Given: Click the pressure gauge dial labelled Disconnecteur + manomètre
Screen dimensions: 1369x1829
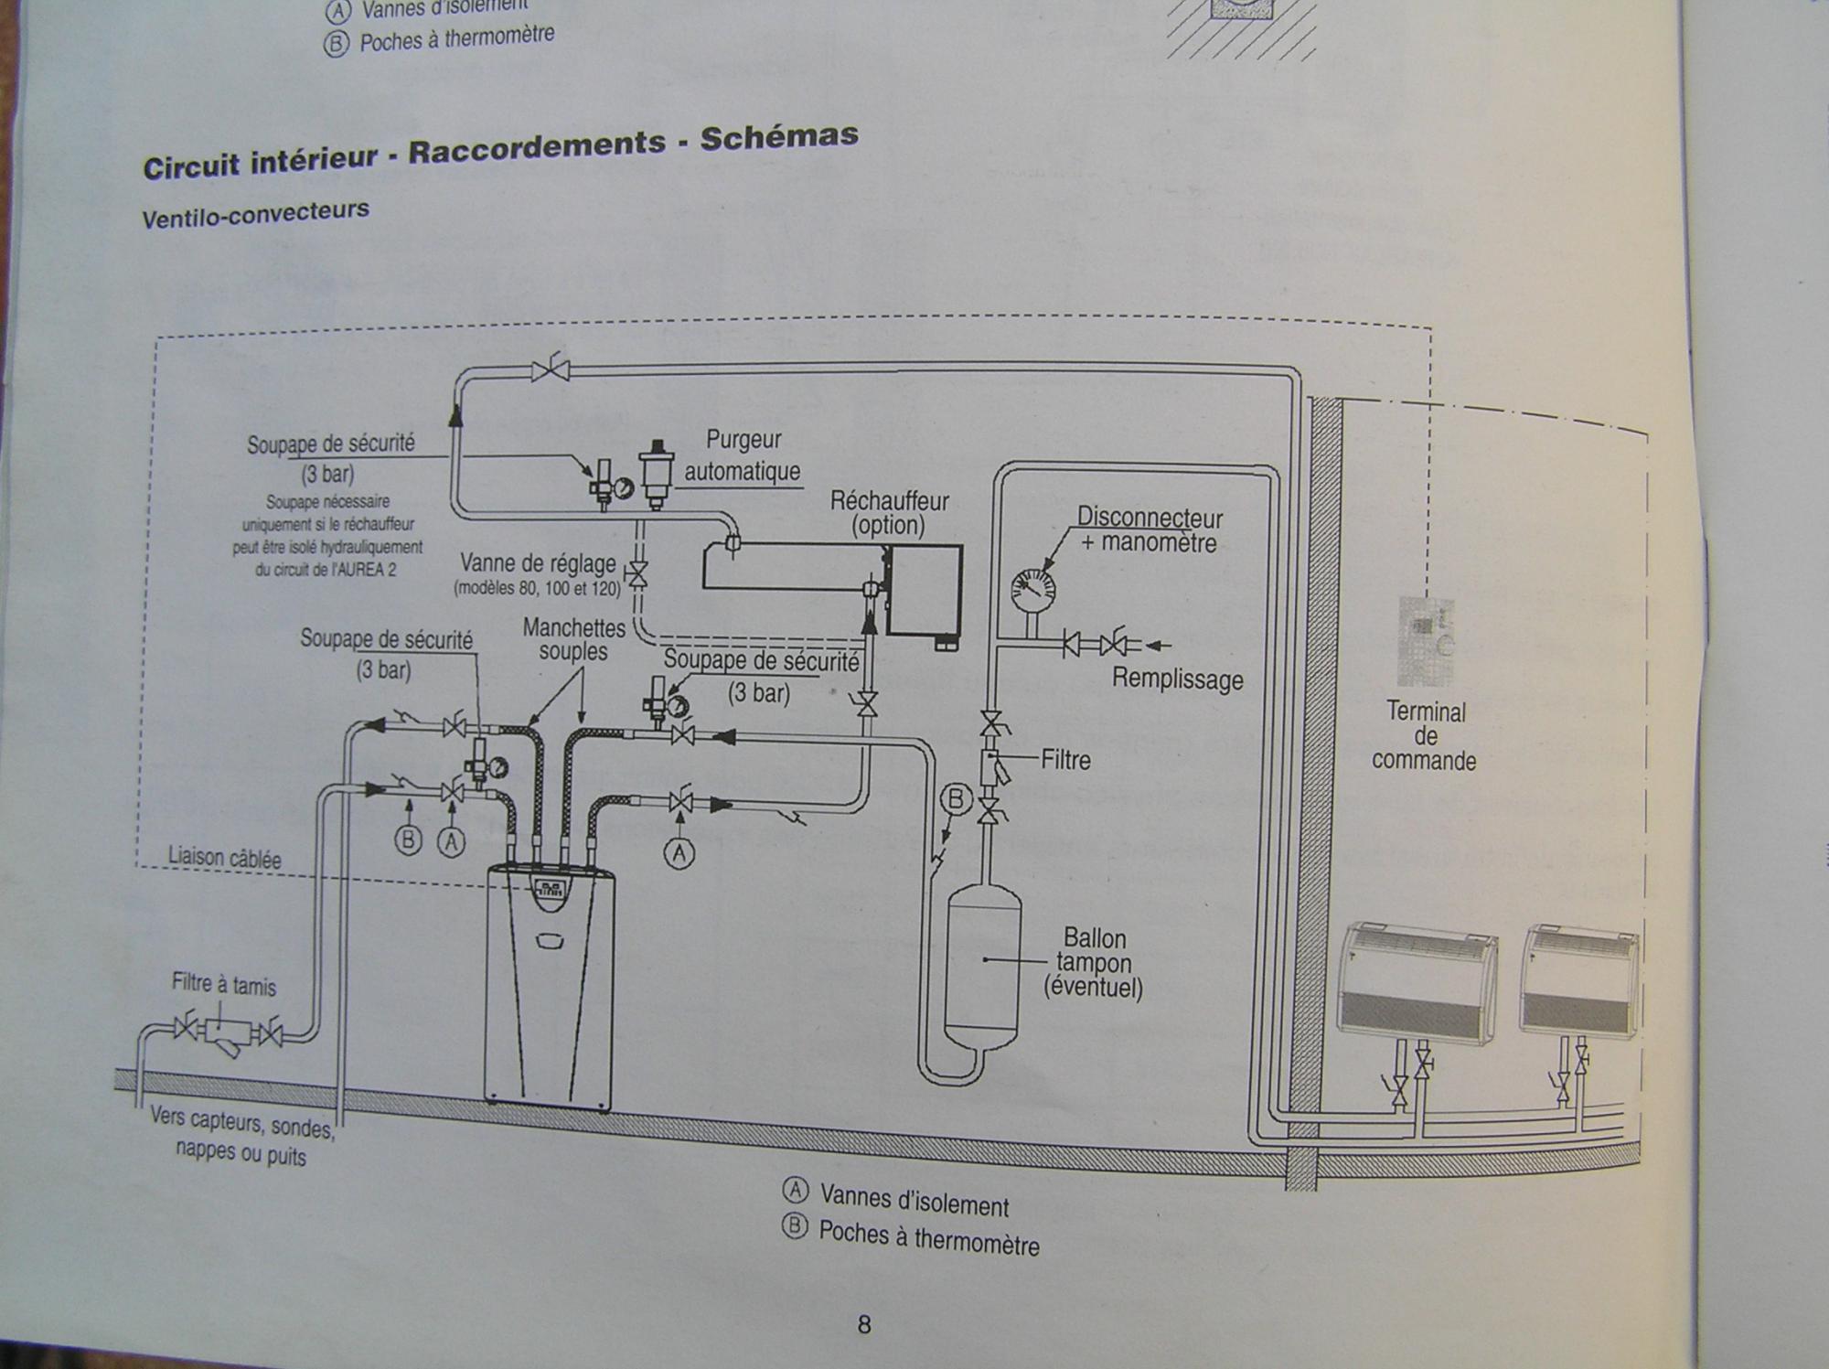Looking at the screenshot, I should tap(1032, 590).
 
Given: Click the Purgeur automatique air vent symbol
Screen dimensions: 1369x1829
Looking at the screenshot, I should tap(656, 473).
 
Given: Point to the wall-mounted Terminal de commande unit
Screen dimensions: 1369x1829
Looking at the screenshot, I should tap(1425, 641).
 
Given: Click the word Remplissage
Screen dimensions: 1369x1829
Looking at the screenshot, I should tap(1177, 679).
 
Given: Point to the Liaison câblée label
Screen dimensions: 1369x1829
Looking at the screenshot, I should tap(224, 858).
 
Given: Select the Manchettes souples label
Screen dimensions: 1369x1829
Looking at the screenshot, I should tap(573, 639).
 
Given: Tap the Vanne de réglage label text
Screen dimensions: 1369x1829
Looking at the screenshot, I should tap(538, 563).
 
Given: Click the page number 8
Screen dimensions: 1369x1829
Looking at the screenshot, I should tap(864, 1325).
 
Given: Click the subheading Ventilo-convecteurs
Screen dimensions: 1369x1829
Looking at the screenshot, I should tap(255, 214).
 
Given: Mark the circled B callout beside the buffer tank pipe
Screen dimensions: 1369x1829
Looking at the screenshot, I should tap(956, 800).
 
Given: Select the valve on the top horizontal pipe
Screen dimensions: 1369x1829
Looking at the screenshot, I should tap(551, 369).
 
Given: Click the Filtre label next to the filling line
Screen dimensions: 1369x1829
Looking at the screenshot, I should tap(1065, 760).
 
